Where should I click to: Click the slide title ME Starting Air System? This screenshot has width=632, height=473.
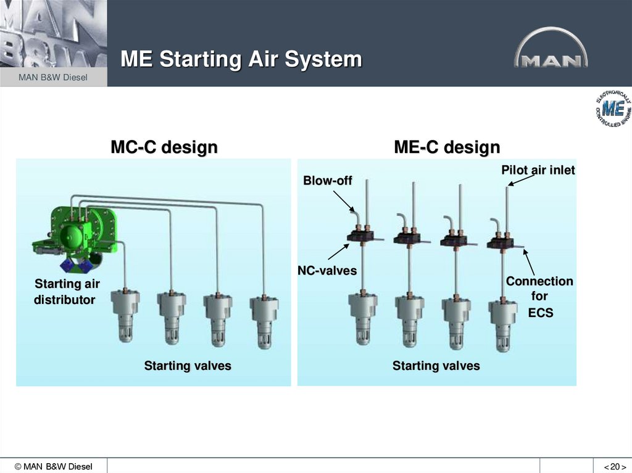tap(241, 60)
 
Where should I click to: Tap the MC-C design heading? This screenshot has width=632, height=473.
tap(164, 148)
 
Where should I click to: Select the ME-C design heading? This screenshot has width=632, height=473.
tap(447, 148)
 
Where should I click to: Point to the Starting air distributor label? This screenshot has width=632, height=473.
tap(66, 292)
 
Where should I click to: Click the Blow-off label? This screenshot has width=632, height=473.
tap(327, 181)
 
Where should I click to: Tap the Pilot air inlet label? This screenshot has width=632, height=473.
tap(538, 170)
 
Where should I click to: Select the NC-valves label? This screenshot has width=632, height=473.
tap(327, 270)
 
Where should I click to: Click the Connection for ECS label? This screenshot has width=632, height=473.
tap(539, 297)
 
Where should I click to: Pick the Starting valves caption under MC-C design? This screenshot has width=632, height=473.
tap(188, 366)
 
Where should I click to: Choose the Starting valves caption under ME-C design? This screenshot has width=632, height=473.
tap(436, 366)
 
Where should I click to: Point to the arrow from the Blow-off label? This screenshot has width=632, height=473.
tap(344, 201)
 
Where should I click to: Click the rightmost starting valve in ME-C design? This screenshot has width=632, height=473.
tap(503, 321)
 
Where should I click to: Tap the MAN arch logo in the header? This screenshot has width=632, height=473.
tap(551, 52)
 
